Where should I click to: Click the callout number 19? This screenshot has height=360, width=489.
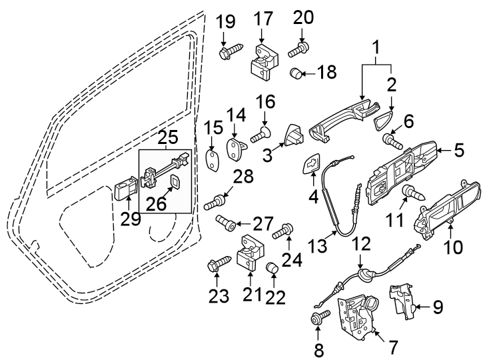(227, 21)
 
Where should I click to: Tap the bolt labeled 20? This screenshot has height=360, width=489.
(298, 48)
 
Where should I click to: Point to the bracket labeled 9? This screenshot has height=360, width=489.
(402, 300)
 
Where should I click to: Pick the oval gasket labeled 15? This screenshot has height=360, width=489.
(212, 161)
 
